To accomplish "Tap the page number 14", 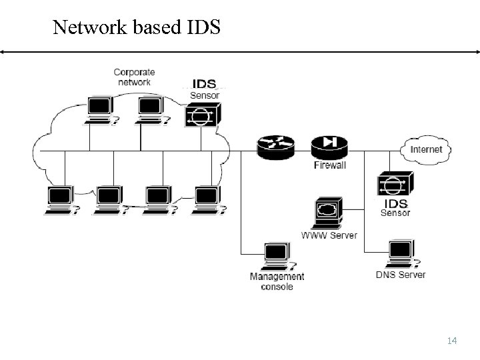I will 451,341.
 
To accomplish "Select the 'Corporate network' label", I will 134,77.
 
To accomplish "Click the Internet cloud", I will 425,149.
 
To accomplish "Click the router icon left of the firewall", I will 275,147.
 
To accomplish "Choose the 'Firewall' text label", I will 330,165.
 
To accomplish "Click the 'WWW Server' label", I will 329,235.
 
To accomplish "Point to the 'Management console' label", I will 277,281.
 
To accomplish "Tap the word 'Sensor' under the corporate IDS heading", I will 205,95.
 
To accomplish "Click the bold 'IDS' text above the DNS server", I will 395,203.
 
